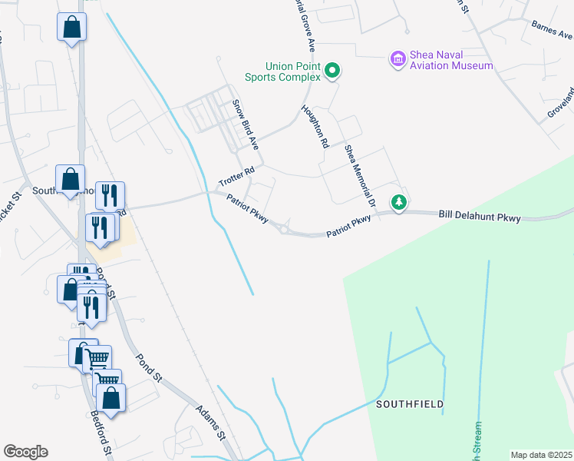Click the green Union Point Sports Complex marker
pos(332,71)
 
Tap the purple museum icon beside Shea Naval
pos(398,59)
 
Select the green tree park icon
pos(398,203)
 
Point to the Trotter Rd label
pos(236,177)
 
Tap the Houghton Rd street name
pos(315,126)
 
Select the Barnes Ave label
pos(552,28)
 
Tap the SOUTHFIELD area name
pos(410,403)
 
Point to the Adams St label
pos(209,423)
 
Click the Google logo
pos(25,452)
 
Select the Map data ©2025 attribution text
pos(540,455)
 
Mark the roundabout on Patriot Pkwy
pos(285,227)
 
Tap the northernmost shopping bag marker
pos(71,27)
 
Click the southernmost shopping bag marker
pos(111,398)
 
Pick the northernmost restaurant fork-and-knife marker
pos(110,195)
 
